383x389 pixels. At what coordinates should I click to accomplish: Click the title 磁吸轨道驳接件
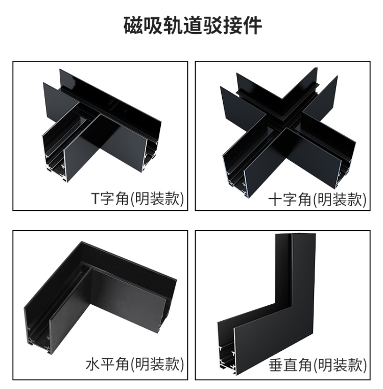193,26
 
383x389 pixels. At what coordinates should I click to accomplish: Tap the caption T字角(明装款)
138,199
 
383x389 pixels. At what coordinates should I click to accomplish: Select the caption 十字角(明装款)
318,199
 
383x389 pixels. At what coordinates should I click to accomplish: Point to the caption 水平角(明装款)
135,364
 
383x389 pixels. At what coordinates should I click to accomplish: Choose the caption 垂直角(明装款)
318,365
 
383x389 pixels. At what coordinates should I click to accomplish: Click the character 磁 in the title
133,26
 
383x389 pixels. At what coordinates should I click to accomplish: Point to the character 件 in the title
253,26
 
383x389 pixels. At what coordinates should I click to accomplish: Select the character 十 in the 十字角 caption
276,199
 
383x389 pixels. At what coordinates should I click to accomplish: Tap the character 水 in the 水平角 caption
92,364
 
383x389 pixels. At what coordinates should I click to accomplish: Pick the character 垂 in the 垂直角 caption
276,365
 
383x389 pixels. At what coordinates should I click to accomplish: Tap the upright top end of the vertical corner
295,235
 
